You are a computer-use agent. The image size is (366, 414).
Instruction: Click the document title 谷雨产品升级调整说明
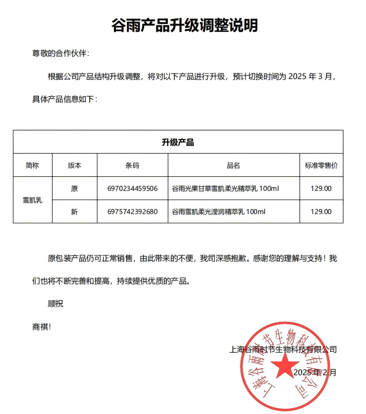point(184,25)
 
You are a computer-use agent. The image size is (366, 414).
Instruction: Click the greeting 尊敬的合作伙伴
point(61,54)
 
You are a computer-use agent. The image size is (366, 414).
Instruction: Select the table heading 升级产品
point(178,142)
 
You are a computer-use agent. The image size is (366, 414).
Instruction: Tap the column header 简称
point(32,165)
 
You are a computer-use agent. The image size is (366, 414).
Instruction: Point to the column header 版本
point(75,165)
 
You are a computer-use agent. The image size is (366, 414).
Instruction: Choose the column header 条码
point(132,165)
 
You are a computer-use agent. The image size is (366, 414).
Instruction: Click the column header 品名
point(233,165)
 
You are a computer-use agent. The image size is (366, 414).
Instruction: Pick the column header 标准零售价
point(321,165)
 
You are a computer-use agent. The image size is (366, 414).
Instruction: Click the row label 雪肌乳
point(32,200)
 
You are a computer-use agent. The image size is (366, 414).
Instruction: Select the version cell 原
point(75,189)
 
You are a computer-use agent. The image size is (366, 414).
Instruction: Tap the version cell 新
point(75,212)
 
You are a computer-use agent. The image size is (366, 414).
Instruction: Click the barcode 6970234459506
point(133,189)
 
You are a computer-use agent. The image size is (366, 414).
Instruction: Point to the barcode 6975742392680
point(133,212)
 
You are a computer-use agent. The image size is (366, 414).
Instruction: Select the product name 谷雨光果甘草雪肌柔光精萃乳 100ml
point(225,189)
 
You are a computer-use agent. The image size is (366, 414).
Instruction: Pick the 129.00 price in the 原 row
point(321,189)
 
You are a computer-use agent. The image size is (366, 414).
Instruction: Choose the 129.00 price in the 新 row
point(321,212)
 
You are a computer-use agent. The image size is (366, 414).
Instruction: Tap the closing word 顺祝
point(55,304)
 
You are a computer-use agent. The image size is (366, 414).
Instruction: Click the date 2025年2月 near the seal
point(314,373)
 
